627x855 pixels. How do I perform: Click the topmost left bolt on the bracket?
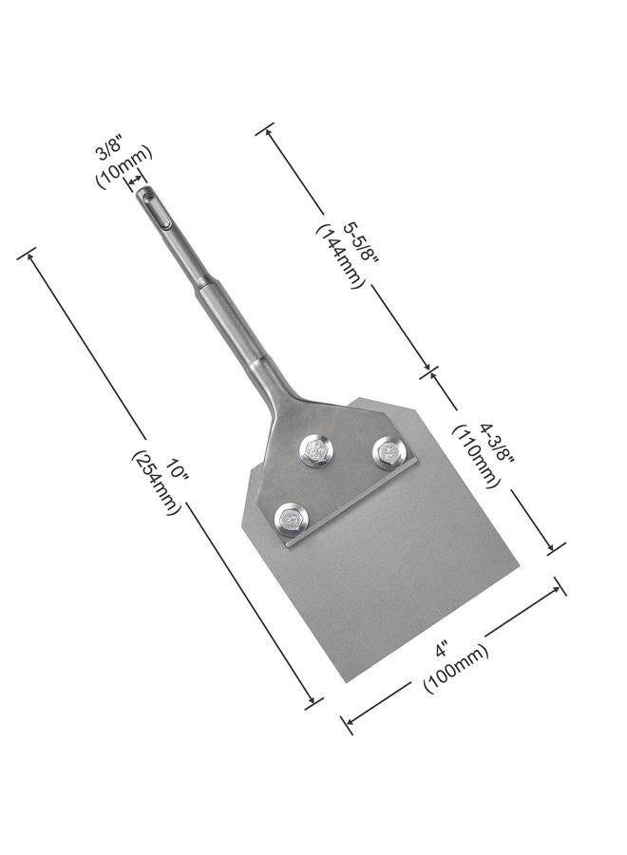tap(316, 450)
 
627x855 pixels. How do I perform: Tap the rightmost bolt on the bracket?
tap(388, 452)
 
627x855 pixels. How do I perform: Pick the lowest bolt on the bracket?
tap(292, 520)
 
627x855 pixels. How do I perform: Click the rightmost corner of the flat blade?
tap(518, 571)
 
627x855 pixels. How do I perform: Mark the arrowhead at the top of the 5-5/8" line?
tap(266, 129)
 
